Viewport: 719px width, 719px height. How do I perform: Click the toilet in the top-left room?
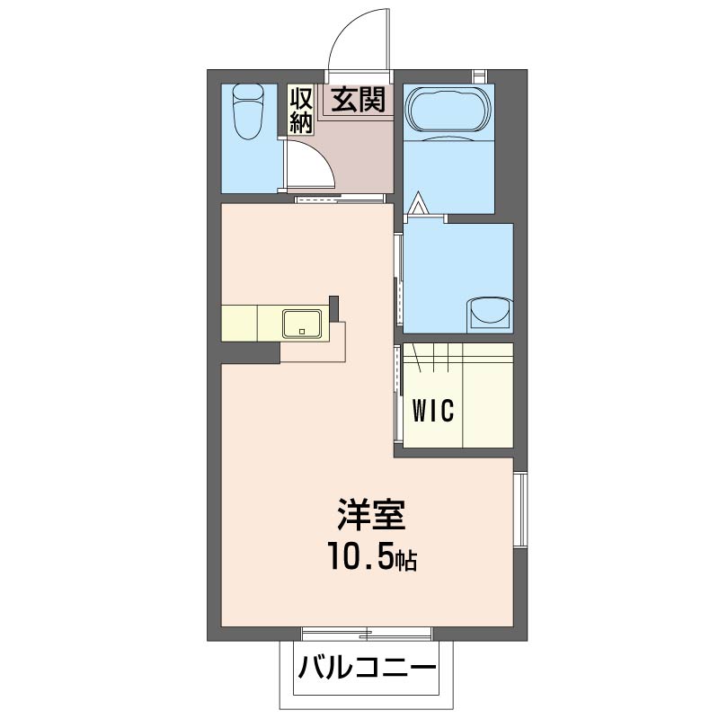(x=246, y=111)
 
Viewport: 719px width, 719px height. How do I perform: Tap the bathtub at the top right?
(x=448, y=111)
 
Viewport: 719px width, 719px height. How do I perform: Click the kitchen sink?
(x=303, y=322)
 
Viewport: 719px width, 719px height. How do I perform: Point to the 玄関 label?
(x=359, y=99)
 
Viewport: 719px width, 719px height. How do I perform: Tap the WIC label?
(x=434, y=410)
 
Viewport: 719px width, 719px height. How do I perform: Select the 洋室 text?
(x=371, y=516)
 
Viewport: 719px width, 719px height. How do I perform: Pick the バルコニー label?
(x=367, y=669)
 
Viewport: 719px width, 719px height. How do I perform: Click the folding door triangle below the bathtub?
(x=416, y=205)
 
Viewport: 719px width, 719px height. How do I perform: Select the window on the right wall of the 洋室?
(x=519, y=509)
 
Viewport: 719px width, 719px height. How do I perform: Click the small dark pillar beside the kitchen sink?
(x=334, y=308)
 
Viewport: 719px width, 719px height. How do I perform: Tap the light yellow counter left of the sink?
(x=250, y=322)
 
